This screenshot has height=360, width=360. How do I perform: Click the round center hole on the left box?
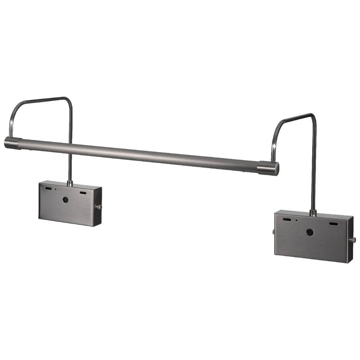[x=65, y=199]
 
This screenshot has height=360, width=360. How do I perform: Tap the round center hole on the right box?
[x=310, y=232]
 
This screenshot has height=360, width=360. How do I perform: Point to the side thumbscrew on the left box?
[x=99, y=207]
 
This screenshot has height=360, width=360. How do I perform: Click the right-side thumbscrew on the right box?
[x=352, y=240]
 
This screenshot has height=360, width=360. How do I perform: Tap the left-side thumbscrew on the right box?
[x=274, y=232]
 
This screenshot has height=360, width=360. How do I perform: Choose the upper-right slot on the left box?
[x=83, y=193]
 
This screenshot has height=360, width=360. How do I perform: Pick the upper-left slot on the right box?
[x=287, y=219]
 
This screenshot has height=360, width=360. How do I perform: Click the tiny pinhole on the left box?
[x=55, y=189]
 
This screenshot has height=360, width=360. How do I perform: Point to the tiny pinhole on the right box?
[x=296, y=220]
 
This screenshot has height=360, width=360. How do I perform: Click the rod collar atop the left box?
[x=70, y=183]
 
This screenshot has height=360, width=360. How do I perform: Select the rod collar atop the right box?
[x=313, y=213]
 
